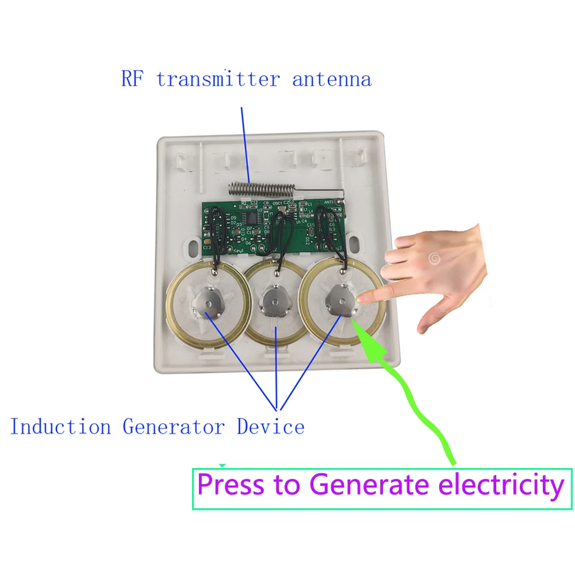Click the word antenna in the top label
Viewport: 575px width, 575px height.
(332, 79)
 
